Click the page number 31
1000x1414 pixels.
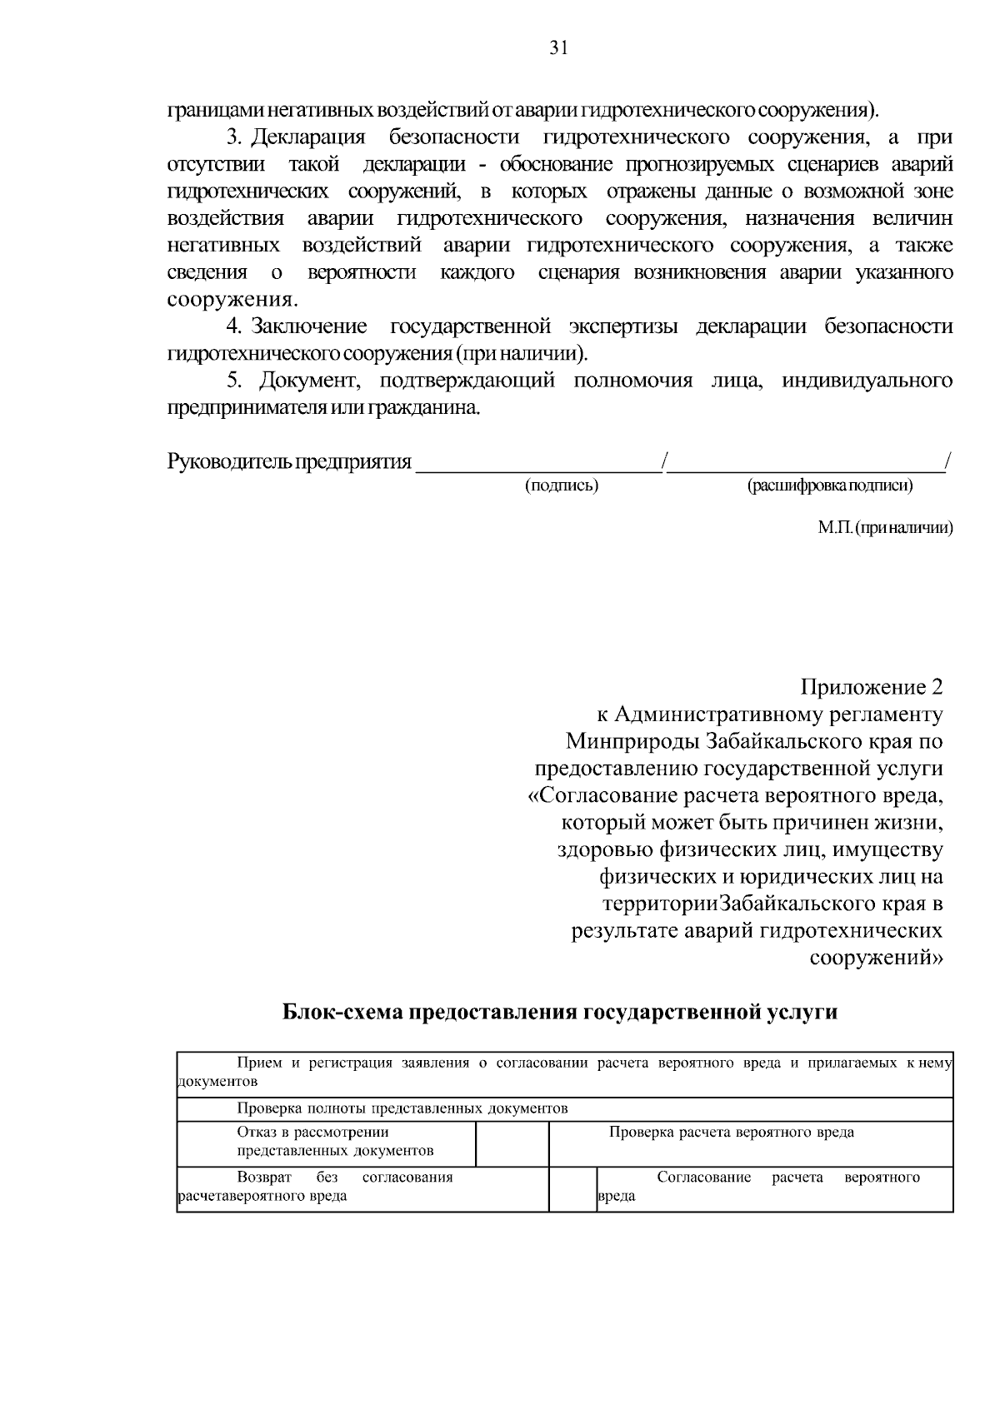tap(558, 48)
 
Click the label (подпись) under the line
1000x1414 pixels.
tap(561, 485)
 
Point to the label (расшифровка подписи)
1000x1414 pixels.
tap(829, 485)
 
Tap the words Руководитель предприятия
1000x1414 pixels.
tap(289, 461)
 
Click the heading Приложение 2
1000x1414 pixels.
tap(872, 688)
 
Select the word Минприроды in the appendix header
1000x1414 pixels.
tap(633, 741)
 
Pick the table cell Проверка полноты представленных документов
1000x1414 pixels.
tap(402, 1108)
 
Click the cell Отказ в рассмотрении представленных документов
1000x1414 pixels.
tap(333, 1142)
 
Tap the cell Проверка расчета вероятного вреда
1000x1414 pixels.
tap(731, 1133)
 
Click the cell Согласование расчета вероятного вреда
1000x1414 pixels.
tap(775, 1187)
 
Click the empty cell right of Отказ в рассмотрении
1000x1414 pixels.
tap(512, 1143)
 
